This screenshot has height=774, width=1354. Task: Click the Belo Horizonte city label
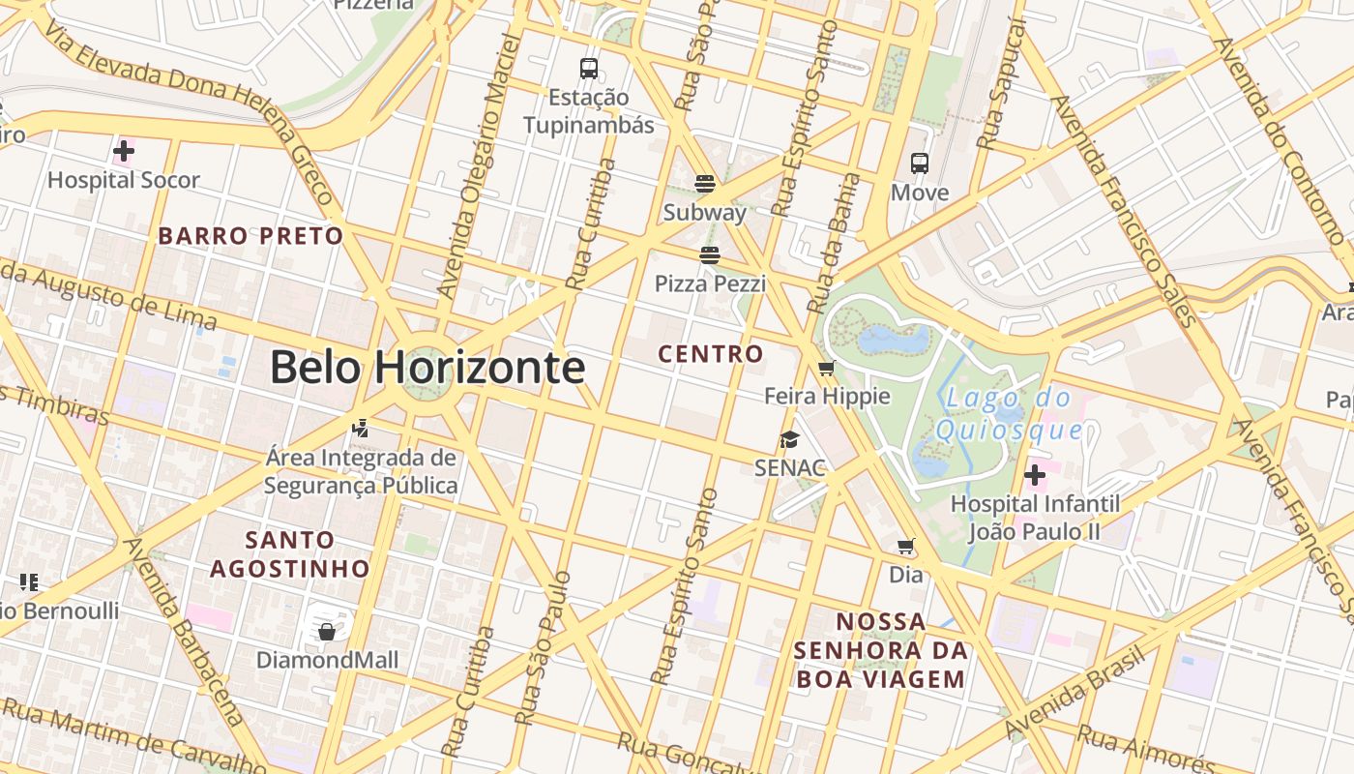(427, 368)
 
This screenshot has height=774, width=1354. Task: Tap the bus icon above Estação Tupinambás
(588, 69)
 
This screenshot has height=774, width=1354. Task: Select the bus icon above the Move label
(919, 164)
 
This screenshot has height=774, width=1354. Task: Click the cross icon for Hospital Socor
(124, 151)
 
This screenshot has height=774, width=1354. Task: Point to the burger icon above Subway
(704, 184)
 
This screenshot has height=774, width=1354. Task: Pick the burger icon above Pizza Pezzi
(710, 255)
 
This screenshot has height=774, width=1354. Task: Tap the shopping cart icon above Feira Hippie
(826, 368)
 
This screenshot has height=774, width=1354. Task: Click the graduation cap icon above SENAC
(789, 440)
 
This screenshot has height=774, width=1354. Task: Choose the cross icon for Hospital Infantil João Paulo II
(1034, 475)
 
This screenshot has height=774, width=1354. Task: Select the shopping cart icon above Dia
(905, 547)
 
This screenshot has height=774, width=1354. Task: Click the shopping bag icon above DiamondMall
(326, 632)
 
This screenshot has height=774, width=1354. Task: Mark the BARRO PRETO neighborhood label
(250, 236)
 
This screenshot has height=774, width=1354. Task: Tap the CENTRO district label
(711, 354)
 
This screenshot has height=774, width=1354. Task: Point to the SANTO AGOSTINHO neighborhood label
(290, 553)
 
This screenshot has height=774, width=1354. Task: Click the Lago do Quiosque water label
(1009, 413)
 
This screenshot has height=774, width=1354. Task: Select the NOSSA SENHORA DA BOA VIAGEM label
(880, 650)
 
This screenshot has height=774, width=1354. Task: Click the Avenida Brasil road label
(1074, 692)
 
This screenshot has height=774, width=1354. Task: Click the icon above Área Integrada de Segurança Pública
(360, 427)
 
